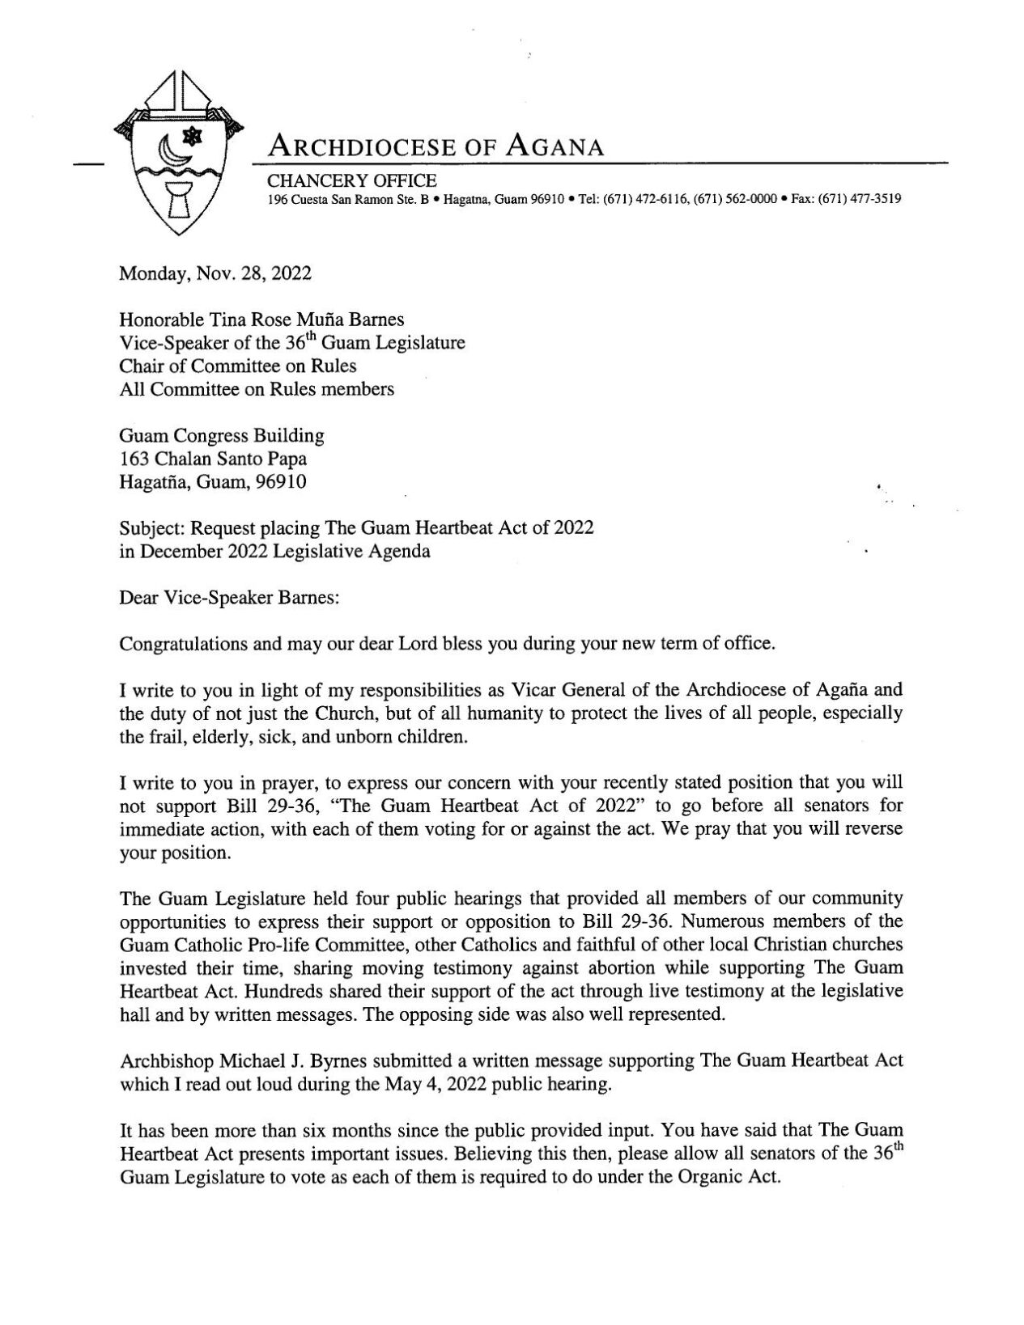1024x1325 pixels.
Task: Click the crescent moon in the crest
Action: pyautogui.click(x=169, y=149)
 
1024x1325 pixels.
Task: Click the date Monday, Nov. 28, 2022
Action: pyautogui.click(x=215, y=273)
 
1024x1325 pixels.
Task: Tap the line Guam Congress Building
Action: pyautogui.click(x=222, y=436)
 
